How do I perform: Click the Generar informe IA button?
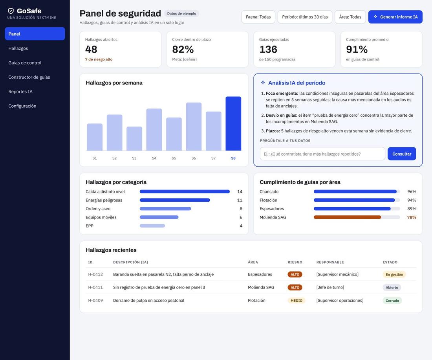[x=395, y=17]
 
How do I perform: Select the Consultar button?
[x=402, y=154]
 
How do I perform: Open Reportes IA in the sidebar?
[x=20, y=92]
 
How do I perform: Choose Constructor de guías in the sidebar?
[x=29, y=77]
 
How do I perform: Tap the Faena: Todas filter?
[x=258, y=17]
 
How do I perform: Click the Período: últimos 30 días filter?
[x=305, y=17]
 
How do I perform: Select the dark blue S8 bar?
[x=233, y=123]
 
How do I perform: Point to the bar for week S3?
[x=134, y=139]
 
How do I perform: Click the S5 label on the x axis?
[x=174, y=158]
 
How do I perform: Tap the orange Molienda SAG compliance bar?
[x=347, y=217]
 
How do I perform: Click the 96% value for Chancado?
[x=412, y=191]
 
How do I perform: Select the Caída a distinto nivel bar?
[x=185, y=191]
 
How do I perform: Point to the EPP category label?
[x=90, y=226]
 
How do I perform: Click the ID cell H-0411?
[x=95, y=287]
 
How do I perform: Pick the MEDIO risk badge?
[x=296, y=301]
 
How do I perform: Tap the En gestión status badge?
[x=394, y=274]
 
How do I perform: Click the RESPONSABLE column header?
[x=330, y=262]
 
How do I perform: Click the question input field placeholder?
[x=312, y=154]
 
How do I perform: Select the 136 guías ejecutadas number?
[x=268, y=50]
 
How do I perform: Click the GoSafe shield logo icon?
[x=11, y=11]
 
